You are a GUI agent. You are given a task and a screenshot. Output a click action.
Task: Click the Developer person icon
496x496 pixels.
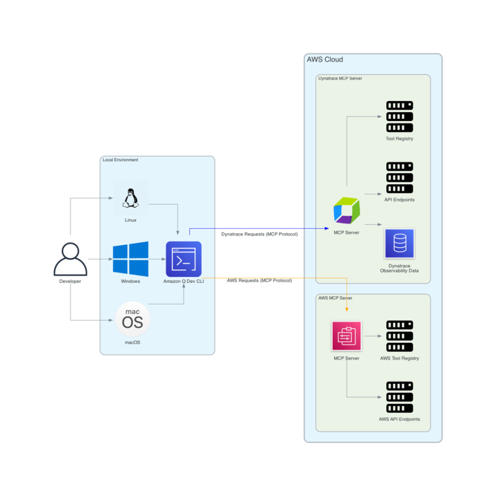[x=70, y=259]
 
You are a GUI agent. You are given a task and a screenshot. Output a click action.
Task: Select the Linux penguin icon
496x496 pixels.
[x=130, y=198]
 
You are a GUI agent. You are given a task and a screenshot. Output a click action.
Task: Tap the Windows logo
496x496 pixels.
[x=130, y=259]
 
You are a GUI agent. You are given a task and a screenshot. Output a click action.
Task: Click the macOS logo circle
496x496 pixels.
[x=133, y=319]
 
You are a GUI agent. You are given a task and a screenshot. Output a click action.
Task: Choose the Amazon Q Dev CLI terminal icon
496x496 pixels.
[x=184, y=259]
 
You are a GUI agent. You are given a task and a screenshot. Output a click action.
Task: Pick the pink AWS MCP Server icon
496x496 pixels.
[x=347, y=337]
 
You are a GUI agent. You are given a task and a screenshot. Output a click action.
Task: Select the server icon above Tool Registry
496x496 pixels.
[x=399, y=116]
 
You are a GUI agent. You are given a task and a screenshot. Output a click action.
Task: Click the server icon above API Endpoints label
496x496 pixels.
[x=399, y=178]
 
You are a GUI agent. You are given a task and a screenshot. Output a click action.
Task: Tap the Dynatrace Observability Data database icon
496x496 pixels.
[x=399, y=244]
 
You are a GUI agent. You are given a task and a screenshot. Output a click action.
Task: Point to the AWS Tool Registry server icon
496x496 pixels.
[x=399, y=337]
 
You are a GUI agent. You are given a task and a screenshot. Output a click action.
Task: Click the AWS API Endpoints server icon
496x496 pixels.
[x=399, y=397]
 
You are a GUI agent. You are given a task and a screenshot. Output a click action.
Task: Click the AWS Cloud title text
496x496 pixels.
[x=325, y=60]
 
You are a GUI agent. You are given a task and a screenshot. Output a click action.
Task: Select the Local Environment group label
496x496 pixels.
[x=120, y=160]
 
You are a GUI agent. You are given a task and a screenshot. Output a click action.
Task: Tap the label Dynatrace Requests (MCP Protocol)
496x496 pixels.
[x=259, y=234]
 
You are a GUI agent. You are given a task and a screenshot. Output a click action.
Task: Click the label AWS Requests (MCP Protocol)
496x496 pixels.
[x=259, y=280]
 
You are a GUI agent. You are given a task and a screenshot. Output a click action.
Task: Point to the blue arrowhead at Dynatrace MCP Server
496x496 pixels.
[x=327, y=228]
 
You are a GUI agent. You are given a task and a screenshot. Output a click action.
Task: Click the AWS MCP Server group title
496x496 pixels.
[x=335, y=298]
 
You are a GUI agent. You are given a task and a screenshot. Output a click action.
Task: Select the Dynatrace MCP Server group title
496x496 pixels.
[x=340, y=79]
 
